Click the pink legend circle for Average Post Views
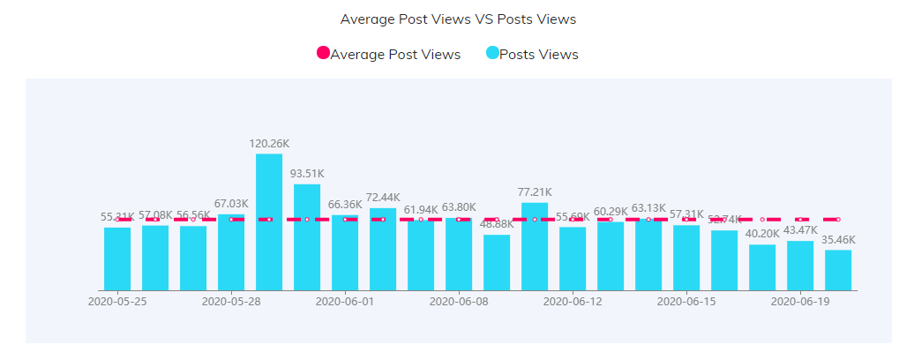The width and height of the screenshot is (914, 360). pyautogui.click(x=323, y=54)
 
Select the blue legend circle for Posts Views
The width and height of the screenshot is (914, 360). pyautogui.click(x=492, y=54)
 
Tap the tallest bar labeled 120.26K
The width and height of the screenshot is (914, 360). pyautogui.click(x=269, y=221)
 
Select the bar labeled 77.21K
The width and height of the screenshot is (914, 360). pyautogui.click(x=535, y=246)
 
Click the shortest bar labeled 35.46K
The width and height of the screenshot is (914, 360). pyautogui.click(x=838, y=270)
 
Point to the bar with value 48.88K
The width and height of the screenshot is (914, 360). pyautogui.click(x=497, y=262)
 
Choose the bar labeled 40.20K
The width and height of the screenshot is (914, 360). pyautogui.click(x=762, y=267)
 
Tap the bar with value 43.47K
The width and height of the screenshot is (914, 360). pyautogui.click(x=800, y=266)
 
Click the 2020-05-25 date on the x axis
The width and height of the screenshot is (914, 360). pyautogui.click(x=117, y=301)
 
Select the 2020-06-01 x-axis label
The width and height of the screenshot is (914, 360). pyautogui.click(x=345, y=301)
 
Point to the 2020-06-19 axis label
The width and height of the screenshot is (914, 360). pyautogui.click(x=800, y=301)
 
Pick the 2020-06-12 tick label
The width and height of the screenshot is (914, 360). pyautogui.click(x=573, y=301)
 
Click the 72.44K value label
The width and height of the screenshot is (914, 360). pyautogui.click(x=383, y=197)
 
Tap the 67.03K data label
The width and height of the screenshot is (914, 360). pyautogui.click(x=231, y=204)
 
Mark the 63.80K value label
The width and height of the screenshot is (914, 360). pyautogui.click(x=459, y=207)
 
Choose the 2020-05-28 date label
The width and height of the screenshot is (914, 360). pyautogui.click(x=231, y=301)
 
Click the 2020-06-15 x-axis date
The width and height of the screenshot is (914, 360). pyautogui.click(x=686, y=301)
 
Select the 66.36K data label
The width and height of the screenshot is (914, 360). pyautogui.click(x=345, y=204)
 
